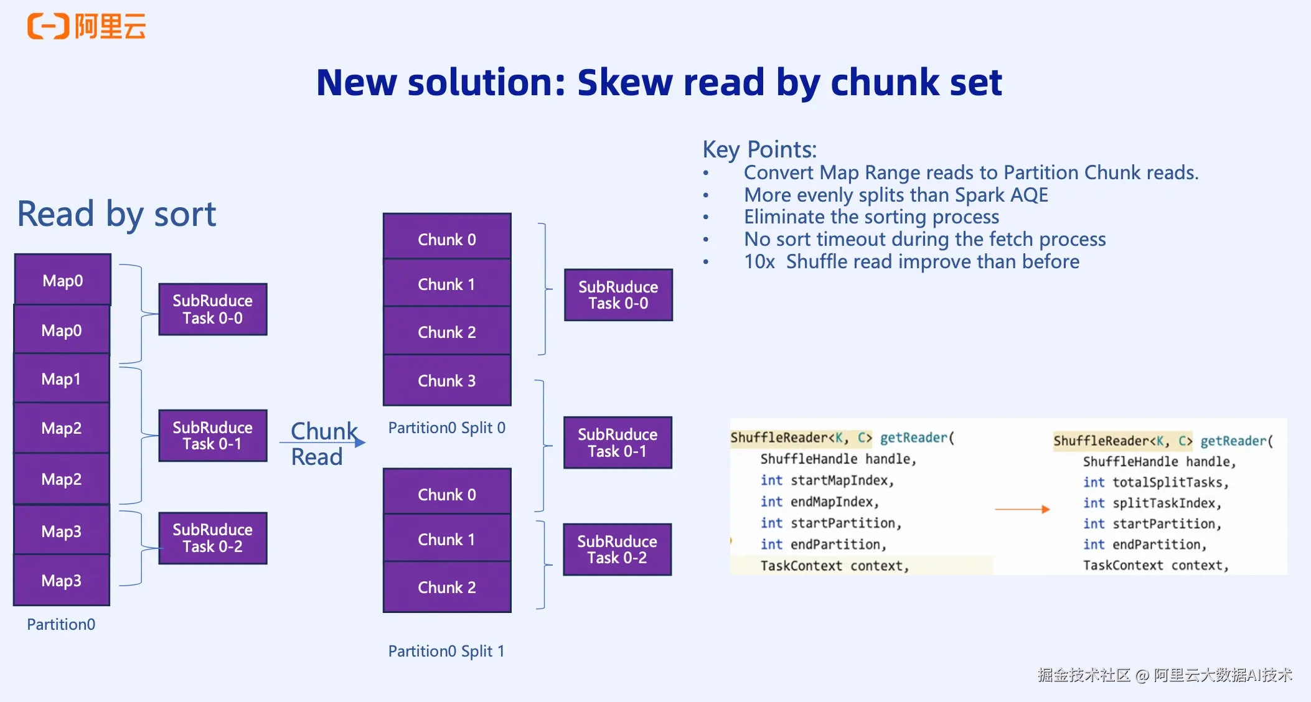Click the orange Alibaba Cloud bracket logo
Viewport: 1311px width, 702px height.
click(48, 26)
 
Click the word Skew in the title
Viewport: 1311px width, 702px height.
click(625, 82)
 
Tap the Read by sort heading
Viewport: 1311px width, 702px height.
click(116, 214)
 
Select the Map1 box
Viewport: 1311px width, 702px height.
click(62, 378)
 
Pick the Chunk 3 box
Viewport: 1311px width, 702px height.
click(447, 380)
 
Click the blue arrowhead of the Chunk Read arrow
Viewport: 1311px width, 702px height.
click(360, 442)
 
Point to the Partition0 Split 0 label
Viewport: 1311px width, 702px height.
click(446, 428)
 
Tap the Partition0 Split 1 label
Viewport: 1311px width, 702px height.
click(446, 651)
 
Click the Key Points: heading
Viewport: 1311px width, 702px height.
click(759, 149)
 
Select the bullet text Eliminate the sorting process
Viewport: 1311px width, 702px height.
click(872, 217)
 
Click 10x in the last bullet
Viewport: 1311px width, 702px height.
click(759, 261)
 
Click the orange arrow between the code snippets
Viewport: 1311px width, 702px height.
click(1022, 509)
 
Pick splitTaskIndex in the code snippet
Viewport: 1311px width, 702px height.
click(1164, 503)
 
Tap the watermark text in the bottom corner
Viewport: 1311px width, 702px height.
click(1165, 675)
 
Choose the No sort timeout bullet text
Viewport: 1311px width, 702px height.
click(925, 239)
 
